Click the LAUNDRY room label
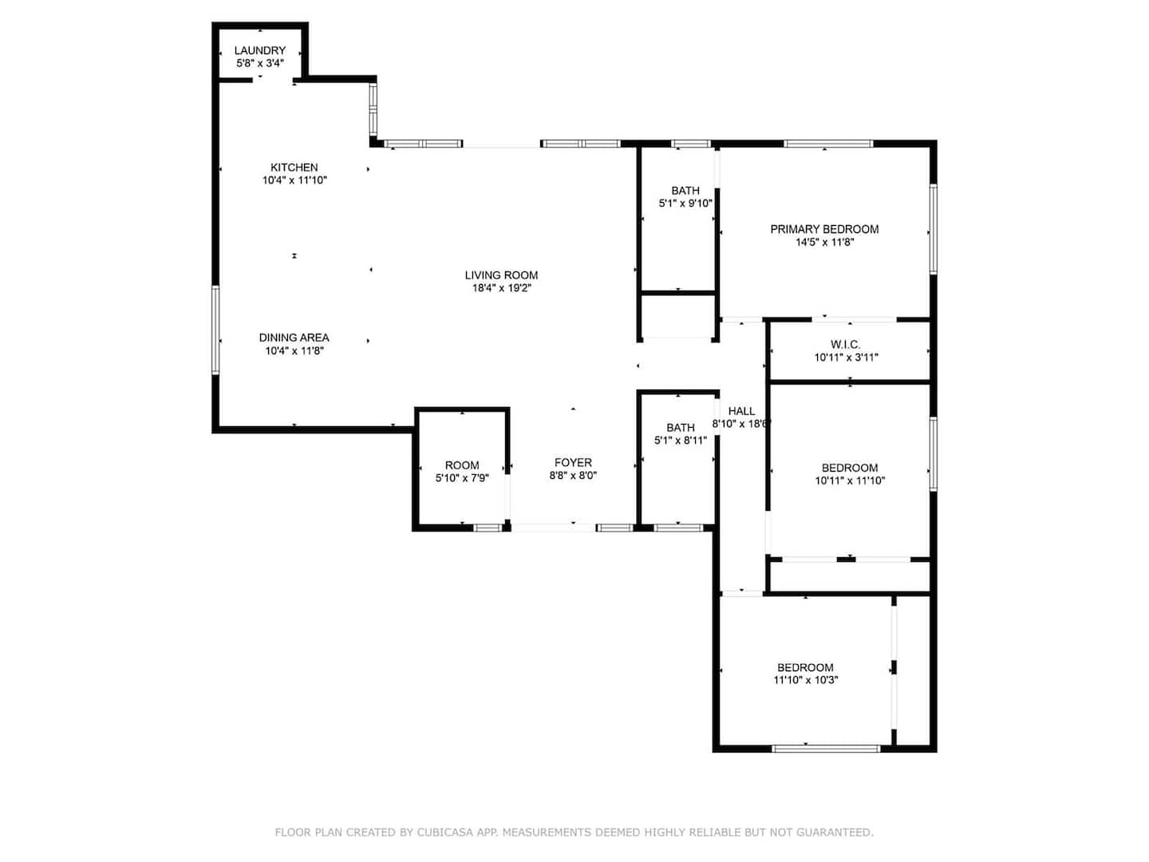(x=259, y=50)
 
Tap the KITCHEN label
(x=294, y=168)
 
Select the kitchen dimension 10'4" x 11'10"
(x=294, y=180)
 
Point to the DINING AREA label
(x=294, y=338)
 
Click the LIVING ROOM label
(x=501, y=275)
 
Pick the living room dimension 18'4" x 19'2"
(x=501, y=288)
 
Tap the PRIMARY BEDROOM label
(x=824, y=229)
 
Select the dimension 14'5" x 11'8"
(x=824, y=243)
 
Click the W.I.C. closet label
(x=845, y=344)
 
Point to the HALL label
(x=741, y=411)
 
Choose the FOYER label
(x=573, y=463)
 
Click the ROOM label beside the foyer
(x=462, y=465)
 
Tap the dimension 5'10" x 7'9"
(x=462, y=478)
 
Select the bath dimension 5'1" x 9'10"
(x=685, y=203)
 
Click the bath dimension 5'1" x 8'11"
(x=680, y=440)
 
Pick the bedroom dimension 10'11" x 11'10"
(x=849, y=480)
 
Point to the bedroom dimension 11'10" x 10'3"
(x=805, y=680)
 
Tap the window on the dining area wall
(x=215, y=330)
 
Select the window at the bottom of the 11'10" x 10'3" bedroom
(x=826, y=749)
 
